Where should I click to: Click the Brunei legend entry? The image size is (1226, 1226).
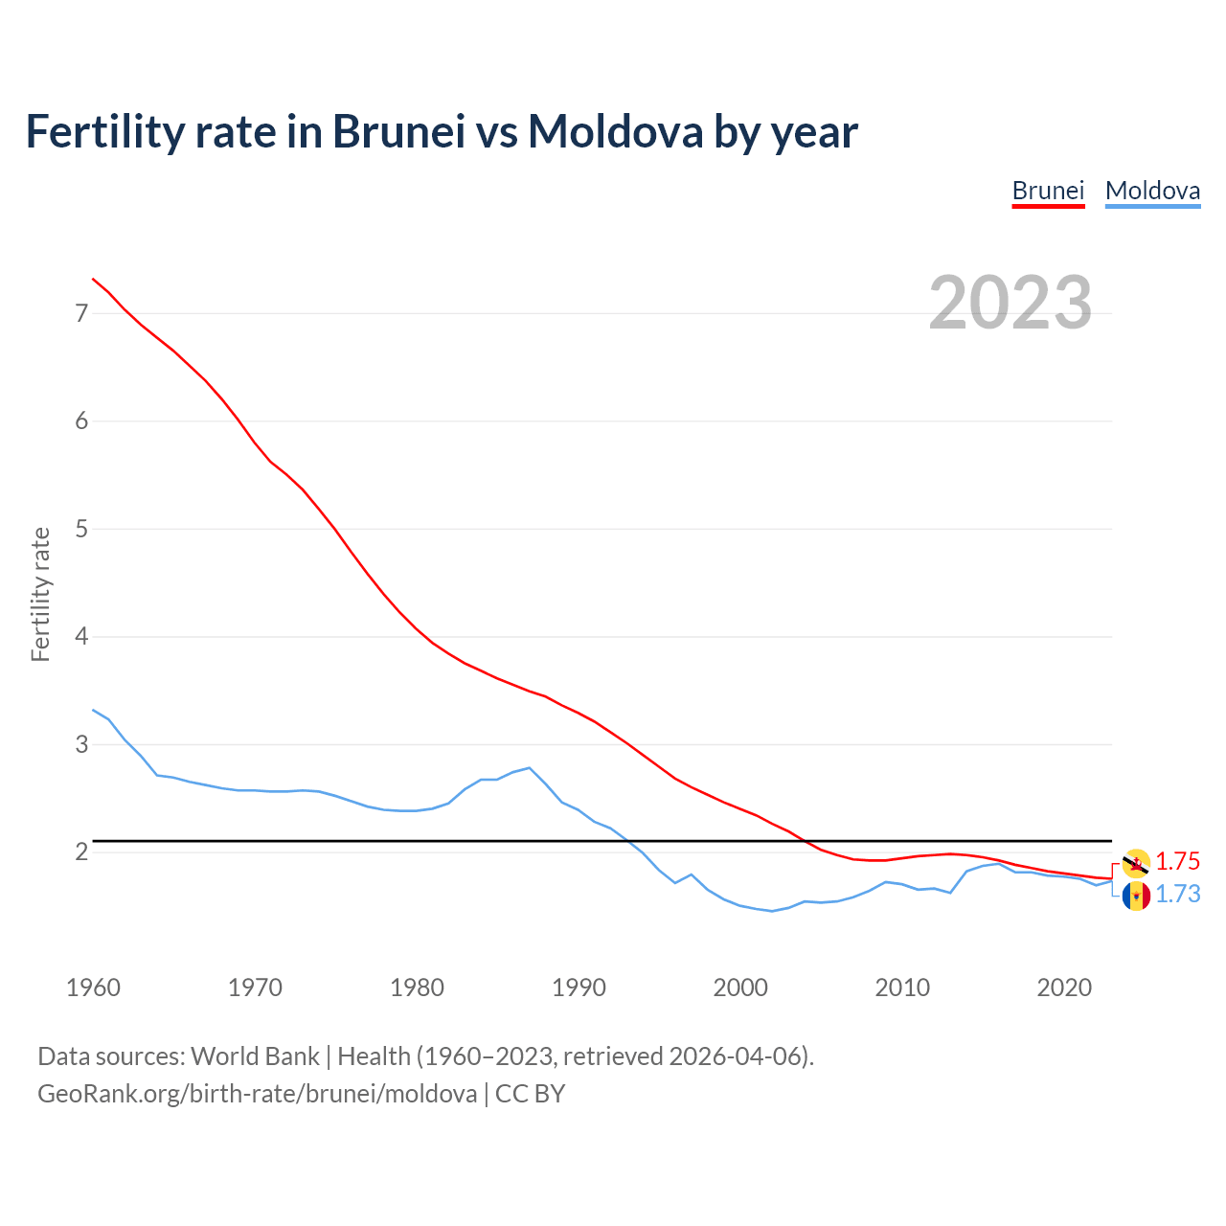(x=1048, y=191)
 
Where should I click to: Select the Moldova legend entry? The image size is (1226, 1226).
(x=1152, y=191)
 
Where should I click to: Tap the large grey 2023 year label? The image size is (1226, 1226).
(x=1010, y=303)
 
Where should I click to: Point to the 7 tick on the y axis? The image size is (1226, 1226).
(x=81, y=313)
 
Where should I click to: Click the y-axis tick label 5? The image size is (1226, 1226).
(x=81, y=529)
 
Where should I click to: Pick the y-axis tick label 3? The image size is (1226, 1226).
(x=81, y=744)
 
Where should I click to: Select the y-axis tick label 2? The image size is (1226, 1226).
(x=81, y=851)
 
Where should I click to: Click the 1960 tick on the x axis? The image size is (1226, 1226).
(x=93, y=988)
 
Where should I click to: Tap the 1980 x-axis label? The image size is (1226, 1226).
(x=417, y=988)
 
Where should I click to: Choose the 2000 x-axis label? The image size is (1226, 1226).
(x=740, y=988)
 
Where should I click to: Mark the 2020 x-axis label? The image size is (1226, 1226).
(x=1064, y=988)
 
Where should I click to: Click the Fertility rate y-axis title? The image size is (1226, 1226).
(x=40, y=594)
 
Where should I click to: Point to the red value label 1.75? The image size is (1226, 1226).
(x=1177, y=861)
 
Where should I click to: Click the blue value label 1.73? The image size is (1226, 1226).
(x=1177, y=894)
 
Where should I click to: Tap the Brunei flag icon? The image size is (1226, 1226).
(x=1136, y=863)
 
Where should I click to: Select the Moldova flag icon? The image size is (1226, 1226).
(x=1136, y=896)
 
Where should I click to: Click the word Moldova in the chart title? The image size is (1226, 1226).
(x=615, y=132)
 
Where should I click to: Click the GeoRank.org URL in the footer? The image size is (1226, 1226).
(x=257, y=1094)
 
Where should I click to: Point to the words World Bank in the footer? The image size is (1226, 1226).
(x=255, y=1056)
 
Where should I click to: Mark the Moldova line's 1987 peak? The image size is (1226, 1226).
(x=530, y=767)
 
